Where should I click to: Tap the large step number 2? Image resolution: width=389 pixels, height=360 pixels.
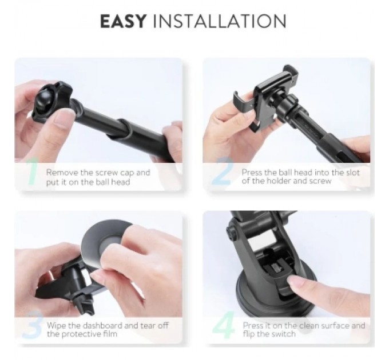point(221,175)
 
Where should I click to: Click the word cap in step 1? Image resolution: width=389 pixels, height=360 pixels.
point(129,172)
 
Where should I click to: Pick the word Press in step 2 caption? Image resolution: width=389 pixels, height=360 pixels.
point(252,172)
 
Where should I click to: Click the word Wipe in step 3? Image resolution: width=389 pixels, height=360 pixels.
point(57,326)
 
